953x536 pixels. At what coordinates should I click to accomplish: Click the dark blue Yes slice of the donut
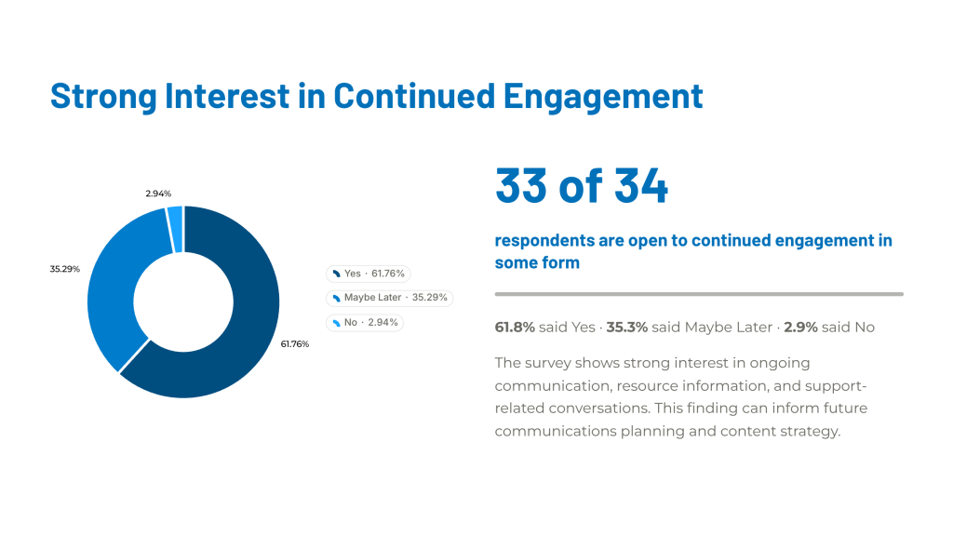[246, 341]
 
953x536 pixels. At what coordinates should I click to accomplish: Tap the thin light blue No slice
[175, 229]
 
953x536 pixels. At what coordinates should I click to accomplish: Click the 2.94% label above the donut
[158, 194]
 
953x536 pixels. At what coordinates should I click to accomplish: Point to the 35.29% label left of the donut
[64, 269]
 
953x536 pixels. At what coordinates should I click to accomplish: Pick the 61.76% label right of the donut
[295, 344]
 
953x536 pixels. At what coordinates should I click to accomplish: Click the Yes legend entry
[369, 274]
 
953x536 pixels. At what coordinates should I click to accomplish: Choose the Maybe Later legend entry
[390, 298]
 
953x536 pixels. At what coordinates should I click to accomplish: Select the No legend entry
[365, 322]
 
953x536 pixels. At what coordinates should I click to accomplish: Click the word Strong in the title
[103, 97]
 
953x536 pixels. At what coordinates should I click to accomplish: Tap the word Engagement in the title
[603, 97]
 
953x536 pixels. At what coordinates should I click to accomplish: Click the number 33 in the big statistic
[521, 185]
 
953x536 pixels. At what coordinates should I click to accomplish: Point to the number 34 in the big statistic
[641, 185]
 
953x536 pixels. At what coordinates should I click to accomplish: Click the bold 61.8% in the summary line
[515, 327]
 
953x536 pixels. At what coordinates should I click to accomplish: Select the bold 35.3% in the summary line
[626, 327]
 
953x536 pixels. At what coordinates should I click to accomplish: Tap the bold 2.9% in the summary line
[800, 327]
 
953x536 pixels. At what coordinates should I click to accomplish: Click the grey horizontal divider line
[699, 294]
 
